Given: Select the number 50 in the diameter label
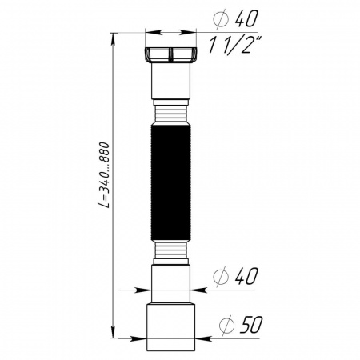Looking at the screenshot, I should coord(251,325).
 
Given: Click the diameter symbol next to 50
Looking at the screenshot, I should coord(226,325).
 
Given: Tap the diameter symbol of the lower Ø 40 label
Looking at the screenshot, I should coord(225,277).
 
